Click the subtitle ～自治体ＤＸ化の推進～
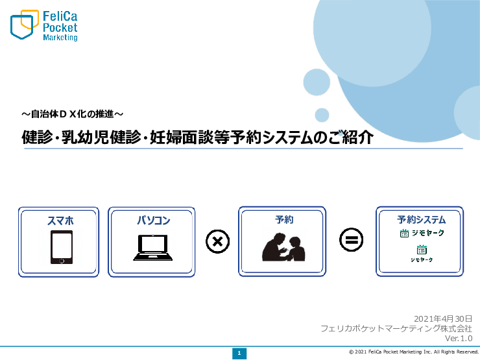72,114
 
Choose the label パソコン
153,221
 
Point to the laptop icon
152,248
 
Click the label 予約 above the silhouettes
283,220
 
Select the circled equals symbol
351,241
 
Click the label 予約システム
421,219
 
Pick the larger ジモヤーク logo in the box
422,233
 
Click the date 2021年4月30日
442,318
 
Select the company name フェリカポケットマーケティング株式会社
396,328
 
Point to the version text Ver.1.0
459,338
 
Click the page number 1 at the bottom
239,353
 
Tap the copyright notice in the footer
413,352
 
